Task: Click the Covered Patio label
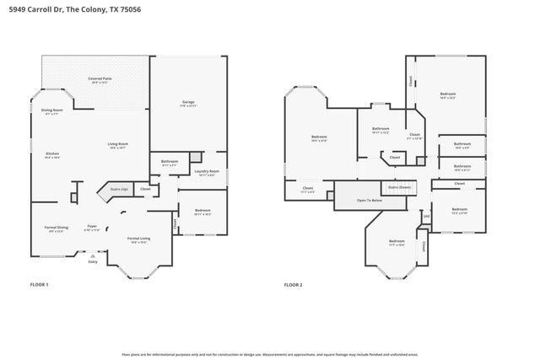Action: click(x=100, y=80)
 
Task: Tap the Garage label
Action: click(x=188, y=104)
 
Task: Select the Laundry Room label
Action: click(x=208, y=173)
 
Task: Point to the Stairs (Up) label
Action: click(x=119, y=190)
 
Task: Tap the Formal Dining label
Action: click(x=56, y=228)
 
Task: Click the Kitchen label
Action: click(x=51, y=154)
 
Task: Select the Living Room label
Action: click(x=117, y=145)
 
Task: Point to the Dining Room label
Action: click(x=52, y=111)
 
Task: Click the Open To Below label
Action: click(x=370, y=201)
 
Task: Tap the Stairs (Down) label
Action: click(x=400, y=187)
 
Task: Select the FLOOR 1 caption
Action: click(x=40, y=285)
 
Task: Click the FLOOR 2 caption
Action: click(x=293, y=285)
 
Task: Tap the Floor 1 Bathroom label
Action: click(x=170, y=162)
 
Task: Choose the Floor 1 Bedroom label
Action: click(x=202, y=212)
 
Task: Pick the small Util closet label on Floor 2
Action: click(x=426, y=216)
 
